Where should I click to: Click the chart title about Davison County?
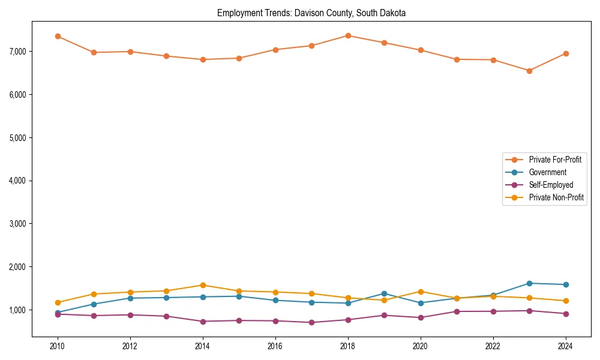pos(311,13)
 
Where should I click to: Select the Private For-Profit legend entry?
pos(555,160)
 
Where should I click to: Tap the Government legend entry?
pos(547,172)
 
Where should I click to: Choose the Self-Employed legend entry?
pos(551,185)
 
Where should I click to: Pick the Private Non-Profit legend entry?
pos(556,197)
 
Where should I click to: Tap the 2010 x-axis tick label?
pos(58,346)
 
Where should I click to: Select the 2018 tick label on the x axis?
pos(347,346)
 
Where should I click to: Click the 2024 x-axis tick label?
pos(565,346)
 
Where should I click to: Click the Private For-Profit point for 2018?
pos(347,35)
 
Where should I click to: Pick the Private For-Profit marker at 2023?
pos(529,71)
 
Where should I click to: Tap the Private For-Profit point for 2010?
pos(58,36)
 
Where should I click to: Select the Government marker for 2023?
pos(529,283)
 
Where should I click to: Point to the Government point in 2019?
pos(384,293)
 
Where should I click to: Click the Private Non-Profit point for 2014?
pos(203,285)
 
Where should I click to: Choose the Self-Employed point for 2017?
pos(311,322)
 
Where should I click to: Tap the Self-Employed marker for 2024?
pos(565,314)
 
